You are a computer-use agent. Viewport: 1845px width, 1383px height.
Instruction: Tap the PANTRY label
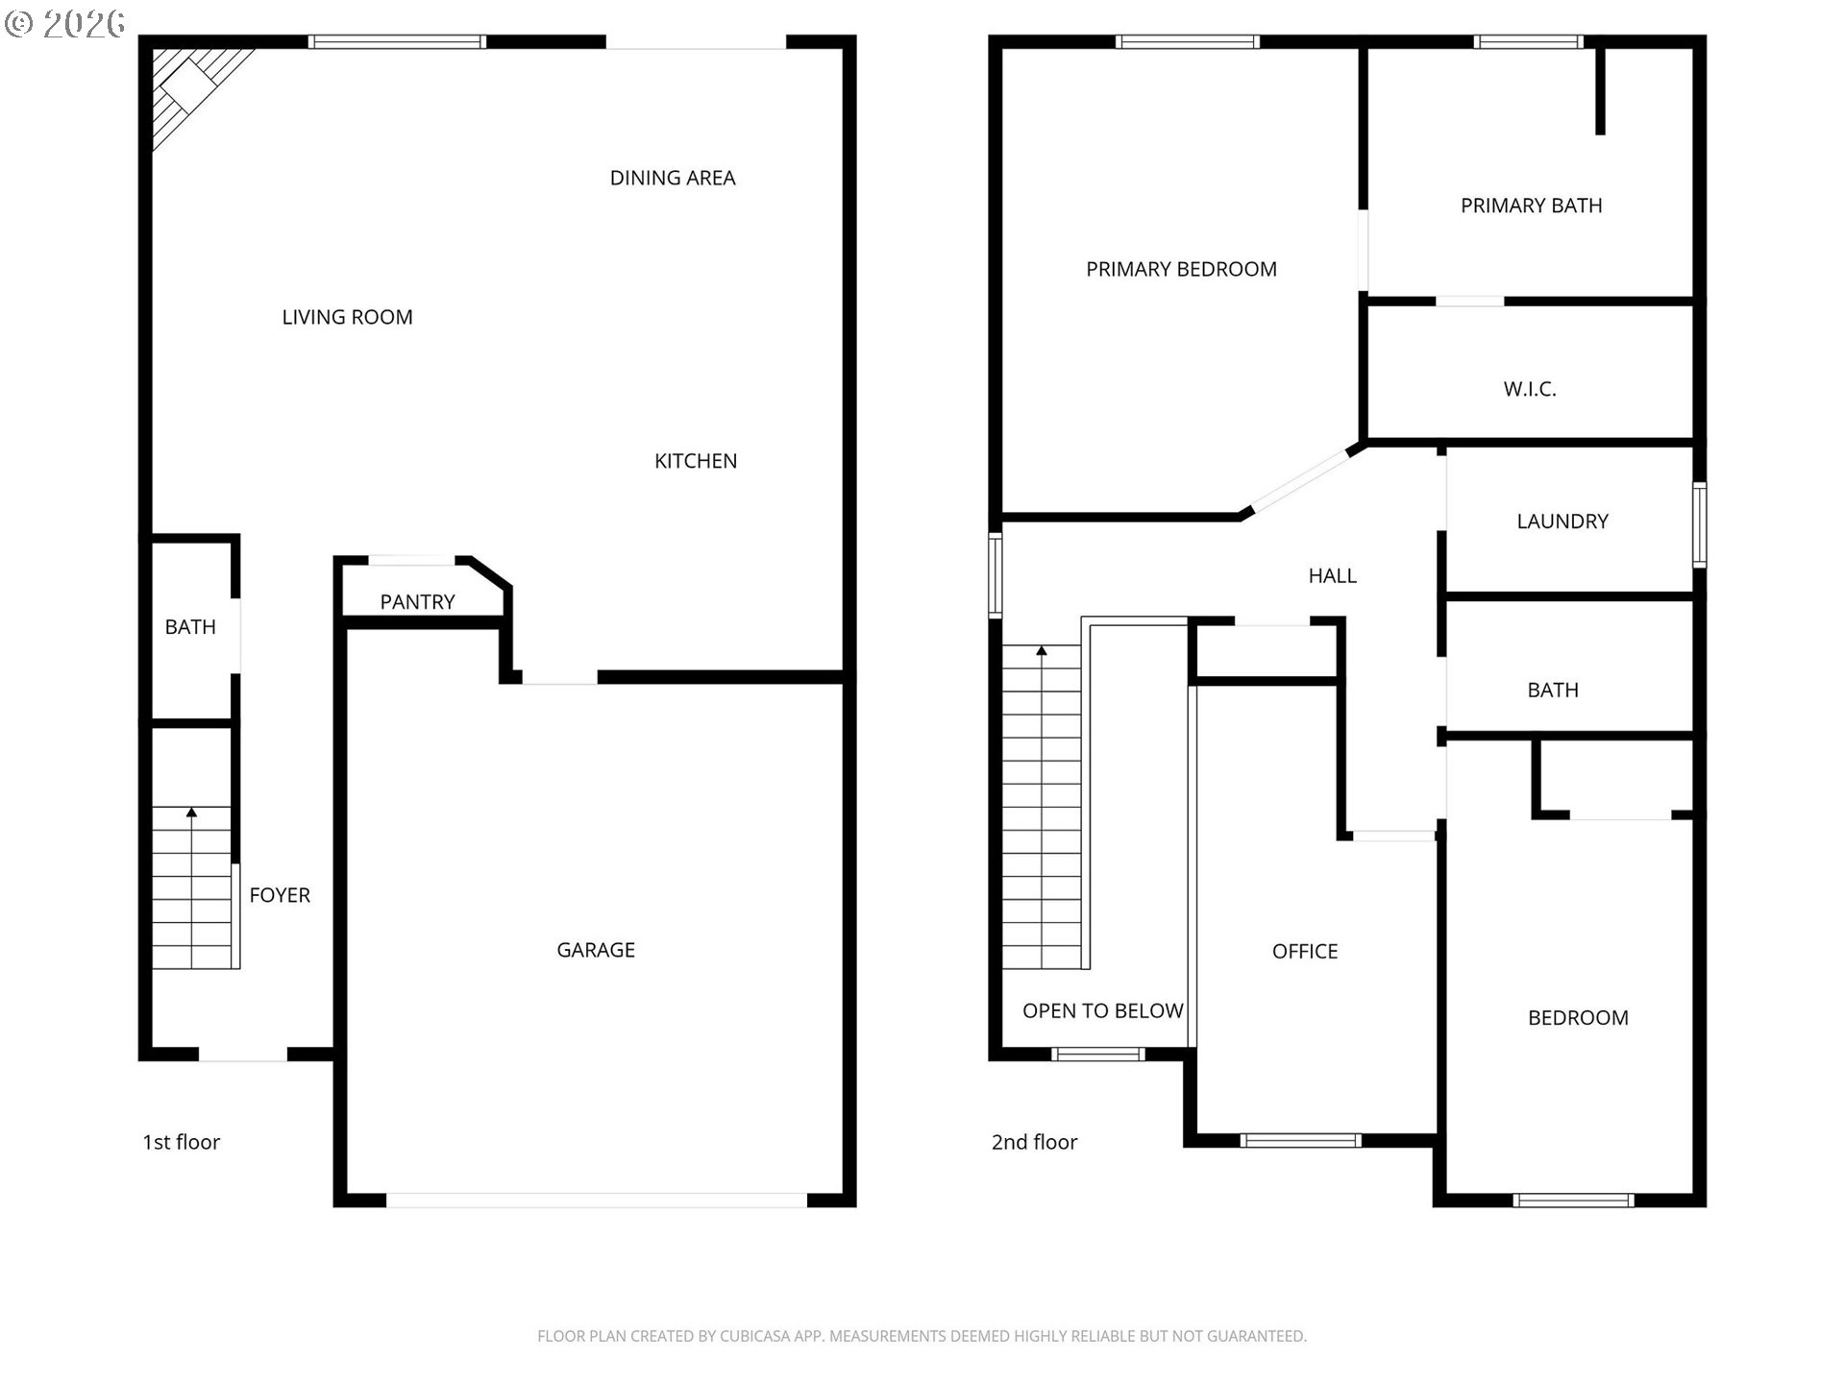417,602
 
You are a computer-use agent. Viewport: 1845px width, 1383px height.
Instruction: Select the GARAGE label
596,950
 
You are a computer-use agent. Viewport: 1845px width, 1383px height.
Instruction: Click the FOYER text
280,895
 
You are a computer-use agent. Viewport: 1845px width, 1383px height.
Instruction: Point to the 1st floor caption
182,1142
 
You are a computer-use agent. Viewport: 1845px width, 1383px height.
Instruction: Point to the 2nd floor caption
1035,1142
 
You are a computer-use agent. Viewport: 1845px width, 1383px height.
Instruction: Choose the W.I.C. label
1530,389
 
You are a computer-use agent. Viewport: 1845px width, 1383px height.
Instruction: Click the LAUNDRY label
1562,522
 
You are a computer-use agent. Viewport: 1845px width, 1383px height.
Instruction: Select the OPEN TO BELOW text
1103,1010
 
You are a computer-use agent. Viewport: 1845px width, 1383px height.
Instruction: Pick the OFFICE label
1305,951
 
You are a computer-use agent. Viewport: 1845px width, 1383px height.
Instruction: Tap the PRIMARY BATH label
1532,206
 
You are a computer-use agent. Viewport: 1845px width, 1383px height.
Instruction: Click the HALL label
1333,575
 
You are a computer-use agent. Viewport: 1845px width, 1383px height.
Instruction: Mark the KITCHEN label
696,461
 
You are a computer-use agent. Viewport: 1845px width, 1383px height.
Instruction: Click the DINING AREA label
673,178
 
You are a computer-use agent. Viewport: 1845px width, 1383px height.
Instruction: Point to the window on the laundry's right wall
1699,524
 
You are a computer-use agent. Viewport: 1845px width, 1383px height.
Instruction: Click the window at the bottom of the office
1300,1141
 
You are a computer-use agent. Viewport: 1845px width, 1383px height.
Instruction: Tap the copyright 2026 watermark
64,23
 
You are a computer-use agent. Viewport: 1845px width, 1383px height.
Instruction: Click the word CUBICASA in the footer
755,1336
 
